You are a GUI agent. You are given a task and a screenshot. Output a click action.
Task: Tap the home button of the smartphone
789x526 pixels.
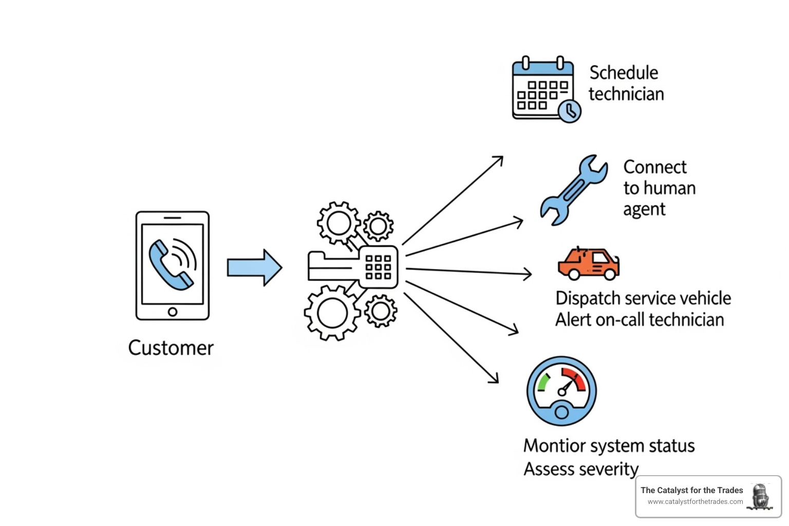(x=173, y=312)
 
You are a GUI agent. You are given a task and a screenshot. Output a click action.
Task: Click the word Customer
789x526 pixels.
(x=171, y=348)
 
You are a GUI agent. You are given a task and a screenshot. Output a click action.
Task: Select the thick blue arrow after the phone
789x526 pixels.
(x=254, y=268)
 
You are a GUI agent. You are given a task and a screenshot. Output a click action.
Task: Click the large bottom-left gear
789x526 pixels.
(x=331, y=313)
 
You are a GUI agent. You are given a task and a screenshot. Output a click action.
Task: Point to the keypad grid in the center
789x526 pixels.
(x=378, y=267)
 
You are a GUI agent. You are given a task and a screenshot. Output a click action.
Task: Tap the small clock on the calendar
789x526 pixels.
(x=569, y=111)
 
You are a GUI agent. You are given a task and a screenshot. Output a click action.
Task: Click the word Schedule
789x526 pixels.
(x=624, y=73)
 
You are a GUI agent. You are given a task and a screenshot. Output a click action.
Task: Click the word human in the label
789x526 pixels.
(x=669, y=188)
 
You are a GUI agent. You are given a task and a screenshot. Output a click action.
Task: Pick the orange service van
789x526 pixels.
(x=588, y=264)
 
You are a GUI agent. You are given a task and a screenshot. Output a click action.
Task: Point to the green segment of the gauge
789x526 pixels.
(x=542, y=382)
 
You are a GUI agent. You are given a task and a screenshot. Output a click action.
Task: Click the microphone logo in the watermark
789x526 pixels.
(x=761, y=497)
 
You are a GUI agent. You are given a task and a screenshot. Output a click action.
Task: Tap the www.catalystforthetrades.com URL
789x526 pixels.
(x=695, y=502)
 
